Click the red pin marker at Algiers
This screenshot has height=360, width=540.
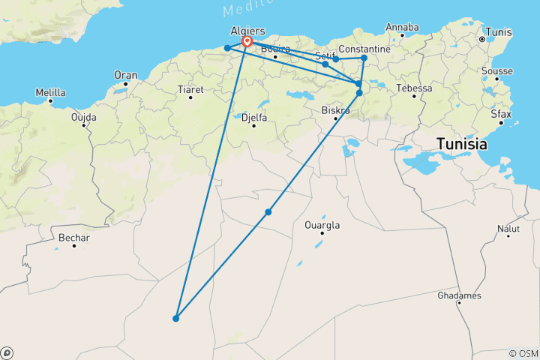point(247,42)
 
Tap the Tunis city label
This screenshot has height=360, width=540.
point(499,32)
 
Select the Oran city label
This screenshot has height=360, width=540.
point(125,75)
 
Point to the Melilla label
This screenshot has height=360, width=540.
point(50,93)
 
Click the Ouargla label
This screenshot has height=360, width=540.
point(322,225)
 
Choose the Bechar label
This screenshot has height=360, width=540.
point(73,238)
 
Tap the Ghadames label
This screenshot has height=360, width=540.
point(459,296)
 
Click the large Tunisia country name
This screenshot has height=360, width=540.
point(462,144)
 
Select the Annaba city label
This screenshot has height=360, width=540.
point(402,28)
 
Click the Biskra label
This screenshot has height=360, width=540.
point(335,110)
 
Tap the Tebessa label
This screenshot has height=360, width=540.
point(415,88)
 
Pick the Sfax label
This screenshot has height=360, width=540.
point(501,115)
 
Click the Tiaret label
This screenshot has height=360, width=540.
point(190,88)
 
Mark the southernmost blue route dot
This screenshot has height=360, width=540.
point(175,319)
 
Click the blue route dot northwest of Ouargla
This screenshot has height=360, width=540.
point(268,212)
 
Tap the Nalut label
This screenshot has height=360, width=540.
point(508,228)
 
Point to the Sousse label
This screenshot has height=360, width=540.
point(498,71)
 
